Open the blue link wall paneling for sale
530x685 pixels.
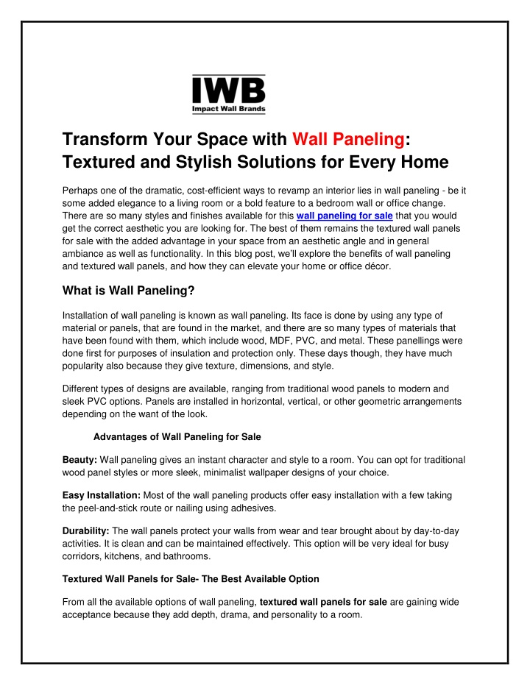click(344, 216)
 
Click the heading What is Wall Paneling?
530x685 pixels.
click(128, 291)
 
